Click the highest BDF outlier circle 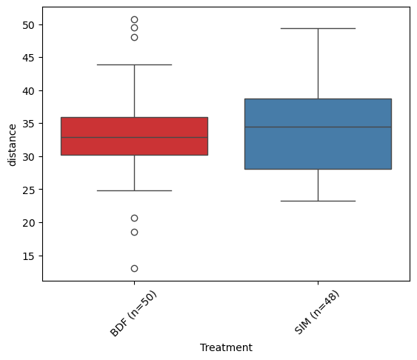(x=134, y=20)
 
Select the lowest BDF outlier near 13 (x=134, y=269)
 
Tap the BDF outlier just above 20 (x=134, y=219)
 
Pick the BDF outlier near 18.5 (x=134, y=233)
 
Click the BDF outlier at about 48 (x=134, y=38)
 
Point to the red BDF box (x=134, y=136)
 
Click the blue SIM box (x=318, y=134)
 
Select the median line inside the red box (x=134, y=138)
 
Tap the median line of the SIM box (x=318, y=127)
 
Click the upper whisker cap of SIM (x=318, y=28)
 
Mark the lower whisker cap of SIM (x=318, y=201)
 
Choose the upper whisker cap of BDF (x=134, y=64)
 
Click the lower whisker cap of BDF (x=134, y=190)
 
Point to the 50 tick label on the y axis (x=28, y=25)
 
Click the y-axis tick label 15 (x=28, y=256)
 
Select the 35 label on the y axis (x=28, y=124)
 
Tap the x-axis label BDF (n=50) (x=133, y=314)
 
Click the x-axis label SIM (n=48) (x=317, y=312)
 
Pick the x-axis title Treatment (x=226, y=347)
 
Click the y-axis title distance (x=13, y=145)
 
